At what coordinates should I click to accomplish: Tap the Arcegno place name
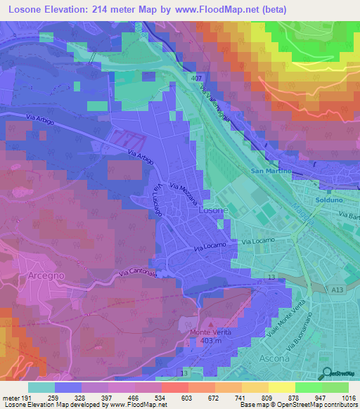coord(47,276)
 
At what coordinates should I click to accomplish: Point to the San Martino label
coord(271,171)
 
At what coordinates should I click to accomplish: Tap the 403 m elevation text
coord(210,342)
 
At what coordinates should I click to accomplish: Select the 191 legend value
coord(27,398)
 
